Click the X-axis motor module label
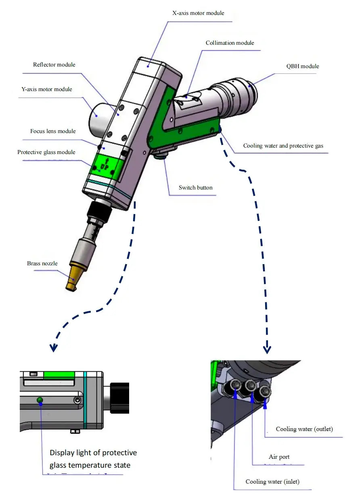point(198,13)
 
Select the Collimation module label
point(230,43)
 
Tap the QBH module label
point(303,67)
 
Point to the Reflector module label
point(54,65)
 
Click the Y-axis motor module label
point(47,89)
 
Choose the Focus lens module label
point(53,131)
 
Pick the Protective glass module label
point(46,152)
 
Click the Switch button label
point(195,187)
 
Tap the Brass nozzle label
point(42,264)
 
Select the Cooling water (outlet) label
point(304,429)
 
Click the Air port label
point(279,457)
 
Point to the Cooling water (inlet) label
point(272,482)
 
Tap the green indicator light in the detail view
point(40,400)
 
